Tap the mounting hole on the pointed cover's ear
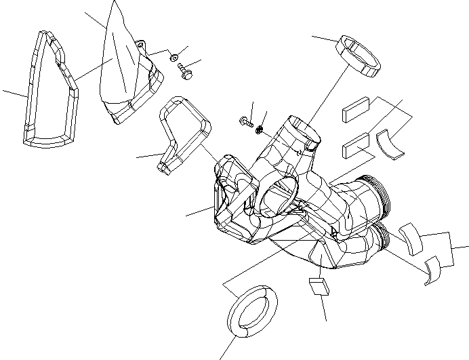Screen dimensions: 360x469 tap(142, 45)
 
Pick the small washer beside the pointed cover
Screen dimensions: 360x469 tap(174, 56)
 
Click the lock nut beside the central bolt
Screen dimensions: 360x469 tap(260, 128)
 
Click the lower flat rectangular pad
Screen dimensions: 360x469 tap(356, 146)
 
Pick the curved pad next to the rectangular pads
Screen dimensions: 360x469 tap(392, 140)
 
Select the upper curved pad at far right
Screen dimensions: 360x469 tap(411, 235)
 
